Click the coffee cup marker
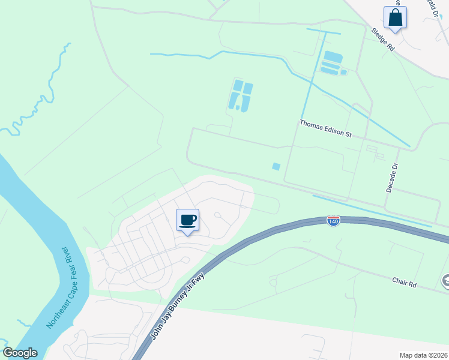188,220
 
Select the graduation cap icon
445,280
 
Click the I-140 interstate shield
334,221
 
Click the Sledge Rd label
382,39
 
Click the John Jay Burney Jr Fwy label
178,305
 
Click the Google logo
20,353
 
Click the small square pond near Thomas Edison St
276,166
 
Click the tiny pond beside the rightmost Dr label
343,72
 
